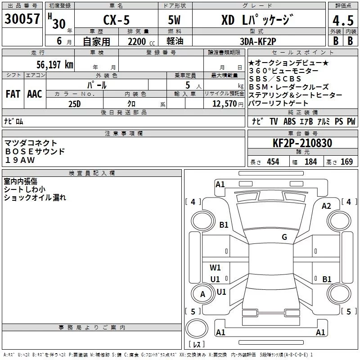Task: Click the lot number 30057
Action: coord(22,19)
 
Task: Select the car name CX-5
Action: coord(117,20)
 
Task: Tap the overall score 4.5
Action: coord(343,21)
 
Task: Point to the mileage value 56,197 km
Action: coord(55,65)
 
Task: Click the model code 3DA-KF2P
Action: coord(258,41)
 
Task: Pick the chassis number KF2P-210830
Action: coord(302,143)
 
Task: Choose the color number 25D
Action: coord(75,104)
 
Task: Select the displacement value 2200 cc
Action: coord(141,41)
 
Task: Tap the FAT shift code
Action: coord(13,94)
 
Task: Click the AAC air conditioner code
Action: coord(35,94)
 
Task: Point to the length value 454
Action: coord(273,162)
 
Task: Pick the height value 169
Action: coord(346,162)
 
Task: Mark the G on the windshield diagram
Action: coord(284,237)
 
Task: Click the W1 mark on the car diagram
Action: coord(215,267)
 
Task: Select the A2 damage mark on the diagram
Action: coord(326,206)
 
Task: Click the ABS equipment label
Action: coord(289,121)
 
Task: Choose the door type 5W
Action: coord(174,20)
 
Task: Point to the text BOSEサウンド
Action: coord(35,152)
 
